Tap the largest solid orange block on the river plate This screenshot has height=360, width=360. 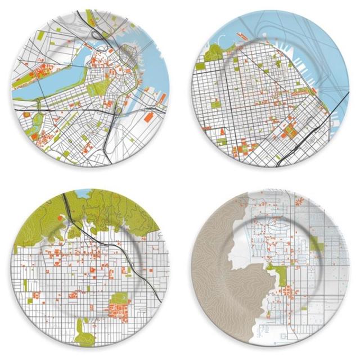[x=147, y=117]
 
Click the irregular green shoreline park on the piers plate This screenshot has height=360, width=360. [x=215, y=54]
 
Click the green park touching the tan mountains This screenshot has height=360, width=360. [x=277, y=276]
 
